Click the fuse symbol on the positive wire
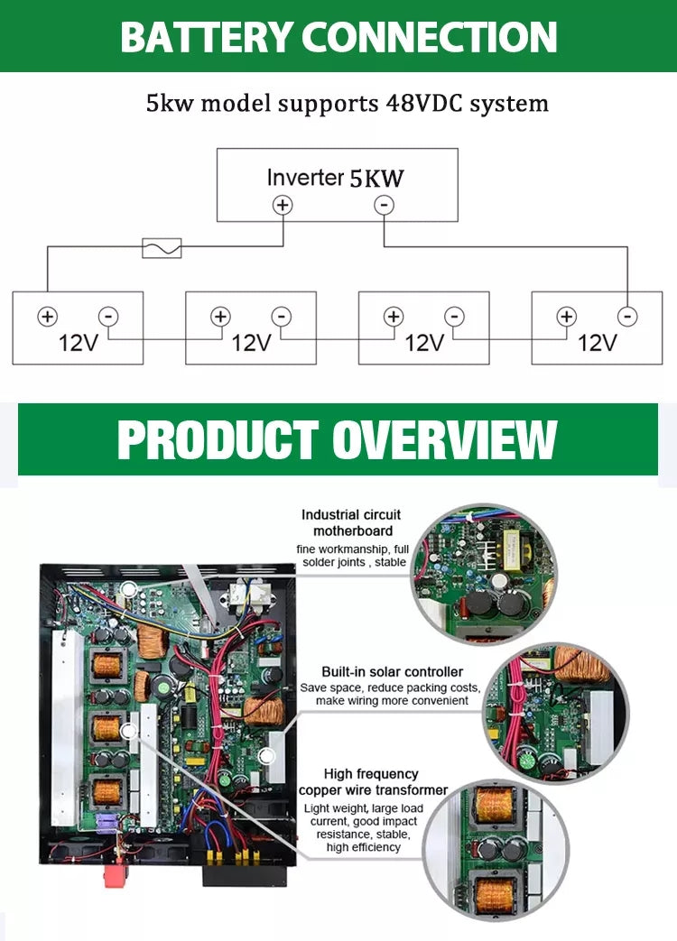(162, 247)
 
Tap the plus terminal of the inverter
(283, 205)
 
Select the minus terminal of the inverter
(385, 205)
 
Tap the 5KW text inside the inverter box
(376, 178)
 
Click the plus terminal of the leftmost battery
(47, 317)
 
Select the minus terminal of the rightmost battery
(627, 317)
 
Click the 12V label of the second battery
(251, 343)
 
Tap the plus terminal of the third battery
(394, 317)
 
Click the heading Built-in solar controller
(393, 672)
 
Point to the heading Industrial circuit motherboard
(352, 523)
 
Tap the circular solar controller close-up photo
(556, 713)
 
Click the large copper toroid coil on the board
(264, 710)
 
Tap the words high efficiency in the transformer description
(363, 847)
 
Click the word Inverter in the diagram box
(305, 178)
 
